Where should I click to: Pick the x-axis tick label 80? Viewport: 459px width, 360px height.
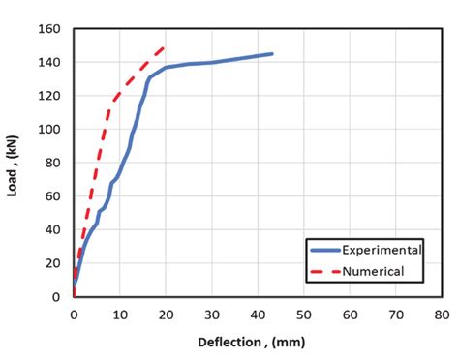pyautogui.click(x=442, y=315)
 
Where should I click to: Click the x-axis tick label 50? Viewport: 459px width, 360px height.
pyautogui.click(x=304, y=315)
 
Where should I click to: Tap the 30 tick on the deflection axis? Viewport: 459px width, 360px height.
pyautogui.click(x=212, y=315)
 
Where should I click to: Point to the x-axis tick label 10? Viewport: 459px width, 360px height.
pyautogui.click(x=120, y=315)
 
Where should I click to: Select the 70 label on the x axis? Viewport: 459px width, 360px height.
pyautogui.click(x=396, y=315)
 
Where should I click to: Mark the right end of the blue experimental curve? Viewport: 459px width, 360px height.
pyautogui.click(x=272, y=54)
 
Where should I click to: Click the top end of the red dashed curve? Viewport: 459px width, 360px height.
pyautogui.click(x=165, y=46)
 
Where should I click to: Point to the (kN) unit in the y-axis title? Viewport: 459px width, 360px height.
pyautogui.click(x=14, y=147)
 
